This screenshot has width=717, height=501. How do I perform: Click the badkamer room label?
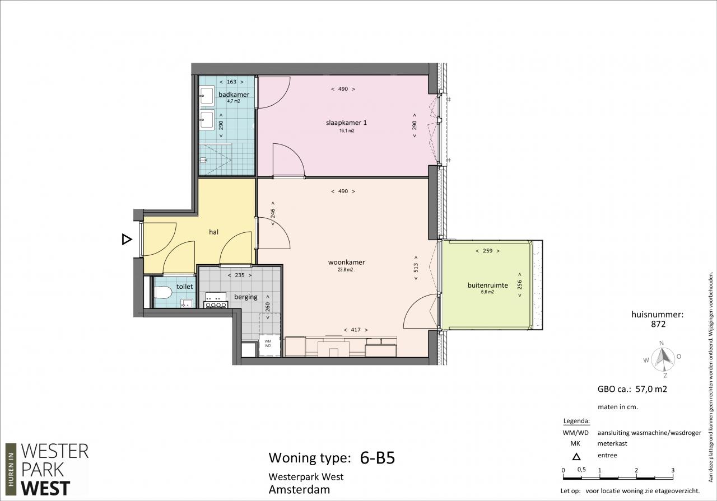tap(234, 95)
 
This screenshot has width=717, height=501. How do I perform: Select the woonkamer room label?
tap(346, 263)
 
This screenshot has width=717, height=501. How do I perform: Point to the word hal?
tap(213, 232)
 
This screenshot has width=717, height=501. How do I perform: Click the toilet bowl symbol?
tap(163, 292)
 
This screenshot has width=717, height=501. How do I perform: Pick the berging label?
tap(245, 297)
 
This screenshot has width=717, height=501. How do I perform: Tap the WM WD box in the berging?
tap(268, 345)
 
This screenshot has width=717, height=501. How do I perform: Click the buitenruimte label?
tap(487, 285)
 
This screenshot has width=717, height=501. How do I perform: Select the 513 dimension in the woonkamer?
tap(416, 268)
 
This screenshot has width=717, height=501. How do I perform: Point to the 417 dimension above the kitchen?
tap(356, 330)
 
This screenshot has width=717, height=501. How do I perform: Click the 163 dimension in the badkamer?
tap(231, 82)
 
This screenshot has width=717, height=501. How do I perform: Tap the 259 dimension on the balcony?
tap(487, 251)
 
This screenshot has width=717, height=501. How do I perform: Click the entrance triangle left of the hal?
tap(127, 239)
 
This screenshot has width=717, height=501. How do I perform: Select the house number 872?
tap(658, 325)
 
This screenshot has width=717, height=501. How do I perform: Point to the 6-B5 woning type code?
tap(378, 458)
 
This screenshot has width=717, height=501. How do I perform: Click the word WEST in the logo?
tap(45, 489)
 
